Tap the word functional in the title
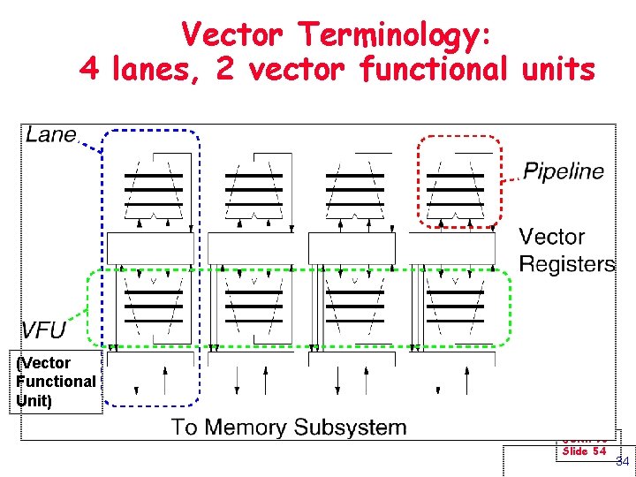coord(433,68)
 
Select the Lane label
coord(51,134)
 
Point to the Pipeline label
coord(564,171)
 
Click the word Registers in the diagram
coord(567,263)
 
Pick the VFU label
coord(44,329)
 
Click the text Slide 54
coord(584,451)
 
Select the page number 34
coord(622,461)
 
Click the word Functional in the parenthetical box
coord(57,381)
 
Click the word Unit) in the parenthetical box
coord(34,400)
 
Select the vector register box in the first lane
coord(149,247)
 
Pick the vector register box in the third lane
coord(352,247)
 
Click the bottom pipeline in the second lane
coord(254,306)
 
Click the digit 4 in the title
coord(89,68)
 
